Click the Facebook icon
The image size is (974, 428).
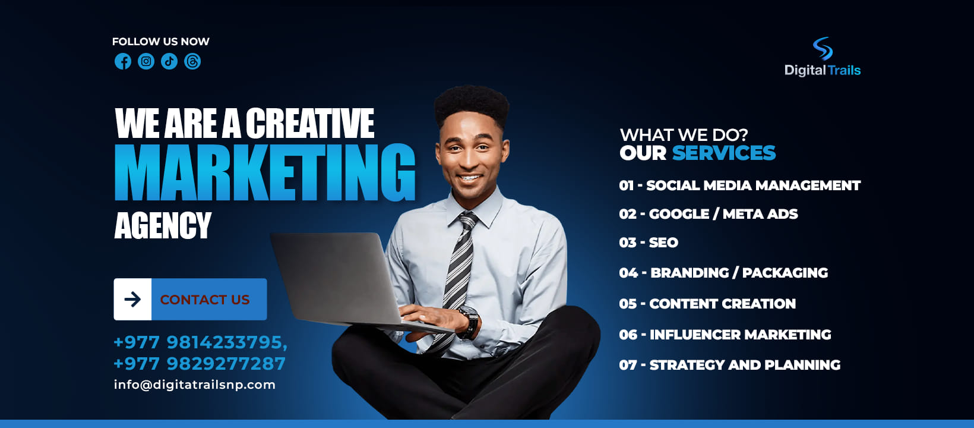123,61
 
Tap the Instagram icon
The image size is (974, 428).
146,61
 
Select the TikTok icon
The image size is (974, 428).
169,61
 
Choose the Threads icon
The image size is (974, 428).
192,61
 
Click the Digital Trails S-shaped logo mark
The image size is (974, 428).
823,48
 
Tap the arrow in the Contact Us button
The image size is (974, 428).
132,299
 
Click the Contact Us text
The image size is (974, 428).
205,300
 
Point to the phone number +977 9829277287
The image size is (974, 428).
200,364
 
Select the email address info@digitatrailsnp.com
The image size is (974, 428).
195,385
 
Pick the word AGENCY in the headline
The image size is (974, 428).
163,225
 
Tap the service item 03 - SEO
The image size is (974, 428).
649,243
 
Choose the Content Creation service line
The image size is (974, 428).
707,304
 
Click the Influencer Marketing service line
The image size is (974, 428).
725,335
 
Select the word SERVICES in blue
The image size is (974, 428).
724,153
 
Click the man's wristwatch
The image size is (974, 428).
469,322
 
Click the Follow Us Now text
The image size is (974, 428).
161,42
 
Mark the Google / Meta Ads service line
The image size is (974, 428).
709,214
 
